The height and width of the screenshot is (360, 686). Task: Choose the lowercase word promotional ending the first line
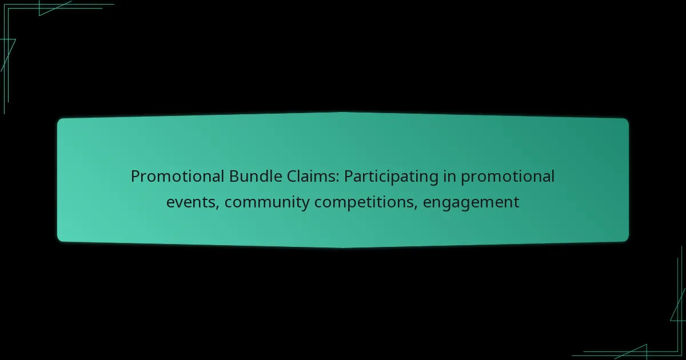click(508, 177)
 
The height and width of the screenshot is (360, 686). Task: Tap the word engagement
click(471, 203)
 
